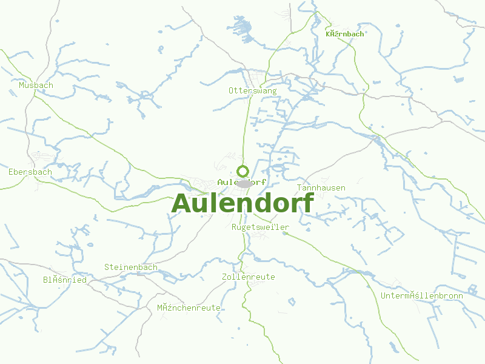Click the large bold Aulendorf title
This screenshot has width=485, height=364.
[x=242, y=203]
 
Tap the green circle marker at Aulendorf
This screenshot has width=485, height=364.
[x=242, y=170]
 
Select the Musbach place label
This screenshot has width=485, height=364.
[x=36, y=86]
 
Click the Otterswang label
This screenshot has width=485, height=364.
[x=252, y=91]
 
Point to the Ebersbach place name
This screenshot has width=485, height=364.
[x=30, y=172]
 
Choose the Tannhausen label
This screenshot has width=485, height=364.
[x=321, y=188]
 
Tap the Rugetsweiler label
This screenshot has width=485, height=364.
[x=261, y=227]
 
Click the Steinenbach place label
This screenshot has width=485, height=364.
[x=131, y=268]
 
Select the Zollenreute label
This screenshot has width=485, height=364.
[x=248, y=277]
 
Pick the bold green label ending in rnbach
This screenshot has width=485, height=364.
[x=345, y=34]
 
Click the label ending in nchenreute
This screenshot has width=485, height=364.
[x=189, y=308]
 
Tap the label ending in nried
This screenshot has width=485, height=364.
[x=64, y=280]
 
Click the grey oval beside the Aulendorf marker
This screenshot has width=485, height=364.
[x=244, y=183]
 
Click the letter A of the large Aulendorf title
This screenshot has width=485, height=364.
[x=182, y=204]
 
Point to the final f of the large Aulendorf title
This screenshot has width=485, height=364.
[x=308, y=203]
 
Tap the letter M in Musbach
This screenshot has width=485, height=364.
[x=21, y=86]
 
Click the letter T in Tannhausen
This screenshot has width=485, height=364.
[x=299, y=188]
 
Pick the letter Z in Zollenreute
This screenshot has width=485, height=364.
[x=224, y=277]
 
